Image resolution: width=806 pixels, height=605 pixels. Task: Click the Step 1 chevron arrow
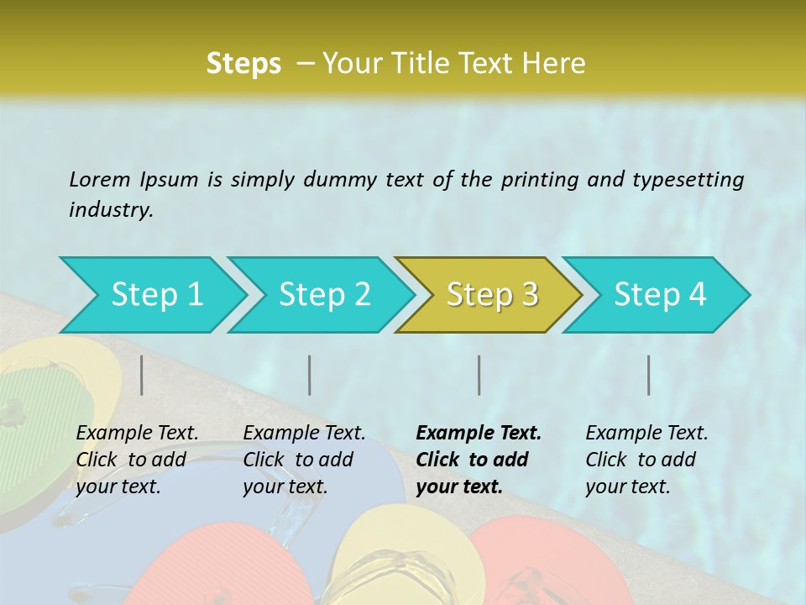(x=155, y=295)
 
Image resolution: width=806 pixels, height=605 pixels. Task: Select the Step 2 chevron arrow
(x=323, y=295)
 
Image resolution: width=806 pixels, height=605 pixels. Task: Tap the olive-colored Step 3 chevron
(x=491, y=295)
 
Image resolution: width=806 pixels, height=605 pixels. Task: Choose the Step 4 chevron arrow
(x=659, y=295)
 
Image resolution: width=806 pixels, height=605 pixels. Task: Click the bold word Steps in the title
(x=243, y=64)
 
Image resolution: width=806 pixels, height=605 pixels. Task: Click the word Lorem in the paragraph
(x=99, y=179)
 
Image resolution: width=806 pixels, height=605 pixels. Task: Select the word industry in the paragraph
(x=111, y=210)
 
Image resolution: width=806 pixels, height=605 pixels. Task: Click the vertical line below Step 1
(x=142, y=375)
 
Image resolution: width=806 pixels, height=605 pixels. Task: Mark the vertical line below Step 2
(x=310, y=375)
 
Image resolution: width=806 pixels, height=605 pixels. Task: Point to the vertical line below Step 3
(x=479, y=375)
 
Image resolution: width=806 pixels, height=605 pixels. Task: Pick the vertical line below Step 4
(x=648, y=375)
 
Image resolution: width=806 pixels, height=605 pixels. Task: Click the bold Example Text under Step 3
(x=479, y=434)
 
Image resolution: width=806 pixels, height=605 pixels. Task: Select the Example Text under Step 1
(x=137, y=434)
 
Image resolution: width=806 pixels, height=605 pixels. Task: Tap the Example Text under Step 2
(x=304, y=434)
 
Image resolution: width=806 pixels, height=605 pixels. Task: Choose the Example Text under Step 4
(x=646, y=434)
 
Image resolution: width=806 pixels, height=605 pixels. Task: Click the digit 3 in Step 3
(x=529, y=295)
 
